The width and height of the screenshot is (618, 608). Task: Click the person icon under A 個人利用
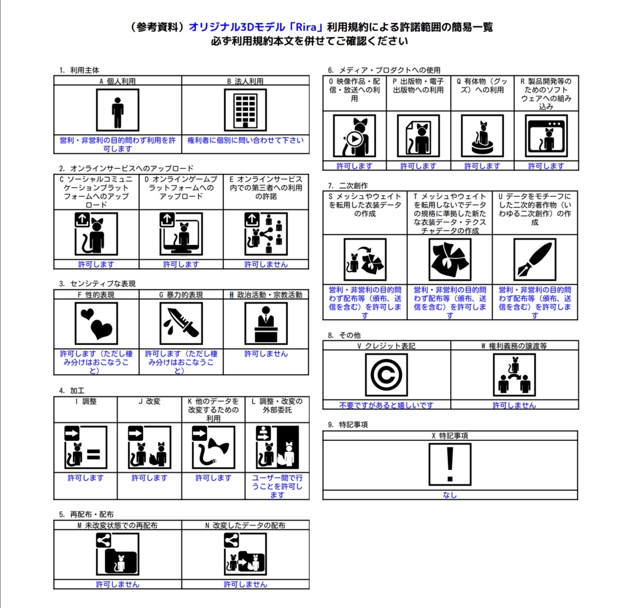pos(118,110)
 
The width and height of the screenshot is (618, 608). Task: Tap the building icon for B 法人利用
pos(245,110)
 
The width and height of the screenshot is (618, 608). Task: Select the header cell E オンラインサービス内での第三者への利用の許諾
pos(266,188)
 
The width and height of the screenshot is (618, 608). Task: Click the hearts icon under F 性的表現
pos(96,323)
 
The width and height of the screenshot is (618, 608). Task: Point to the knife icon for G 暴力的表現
pos(181,323)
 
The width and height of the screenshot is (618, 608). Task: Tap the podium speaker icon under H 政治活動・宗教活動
pos(266,323)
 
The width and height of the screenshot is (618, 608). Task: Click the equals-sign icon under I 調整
pos(86,448)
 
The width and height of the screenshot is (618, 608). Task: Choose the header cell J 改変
pos(149,401)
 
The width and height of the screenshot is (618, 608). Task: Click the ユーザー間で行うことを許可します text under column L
pos(277,486)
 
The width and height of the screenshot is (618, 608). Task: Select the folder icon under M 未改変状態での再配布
pos(118,555)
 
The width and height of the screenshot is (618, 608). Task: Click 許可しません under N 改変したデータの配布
pos(245,584)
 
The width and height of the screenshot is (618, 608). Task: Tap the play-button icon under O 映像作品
pos(355,136)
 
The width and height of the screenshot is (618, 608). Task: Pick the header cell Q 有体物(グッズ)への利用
pos(482,85)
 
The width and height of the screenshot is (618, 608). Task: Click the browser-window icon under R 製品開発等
pos(546,136)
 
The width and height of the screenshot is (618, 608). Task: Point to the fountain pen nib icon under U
pos(535,260)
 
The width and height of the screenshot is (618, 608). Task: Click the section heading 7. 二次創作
pos(348,185)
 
